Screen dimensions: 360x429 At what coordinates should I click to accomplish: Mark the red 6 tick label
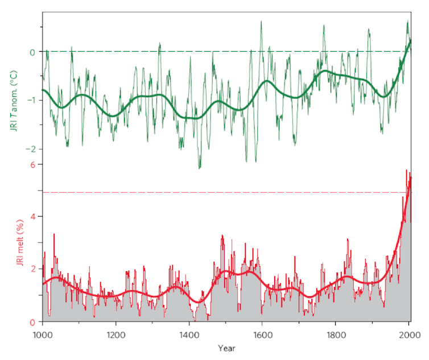32,164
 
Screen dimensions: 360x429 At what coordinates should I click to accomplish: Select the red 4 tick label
32,217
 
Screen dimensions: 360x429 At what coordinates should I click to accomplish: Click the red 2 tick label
32,269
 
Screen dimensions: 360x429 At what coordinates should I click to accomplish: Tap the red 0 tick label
32,322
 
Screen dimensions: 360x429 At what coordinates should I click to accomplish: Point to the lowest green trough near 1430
199,168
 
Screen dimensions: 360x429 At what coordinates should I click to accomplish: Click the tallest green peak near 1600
261,22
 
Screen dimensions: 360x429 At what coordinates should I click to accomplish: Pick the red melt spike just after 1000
54,234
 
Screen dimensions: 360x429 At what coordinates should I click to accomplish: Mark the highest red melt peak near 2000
406,170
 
